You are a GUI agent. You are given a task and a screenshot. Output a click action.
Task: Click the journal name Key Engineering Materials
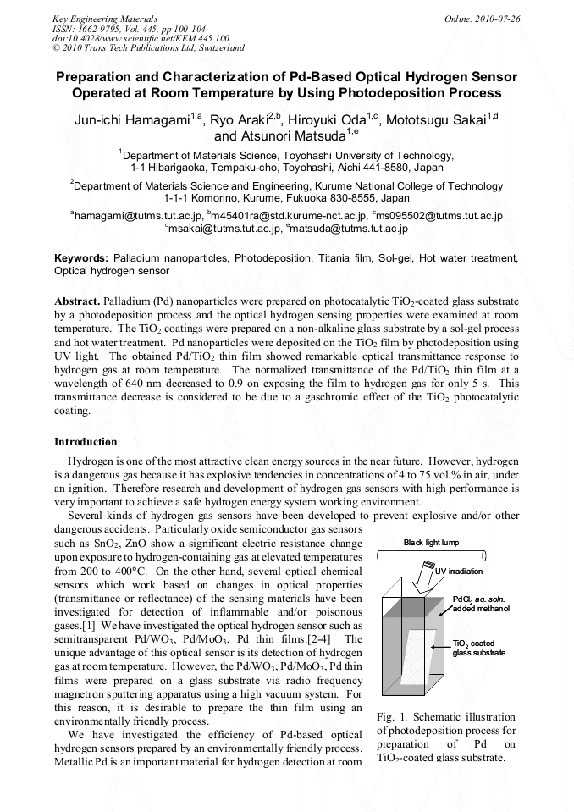[x=105, y=18]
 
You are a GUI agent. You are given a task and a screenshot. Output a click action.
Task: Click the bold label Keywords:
[x=81, y=257]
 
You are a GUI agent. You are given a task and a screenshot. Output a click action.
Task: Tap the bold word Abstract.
[x=76, y=301]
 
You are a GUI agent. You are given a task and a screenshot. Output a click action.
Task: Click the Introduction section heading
[x=86, y=442]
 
